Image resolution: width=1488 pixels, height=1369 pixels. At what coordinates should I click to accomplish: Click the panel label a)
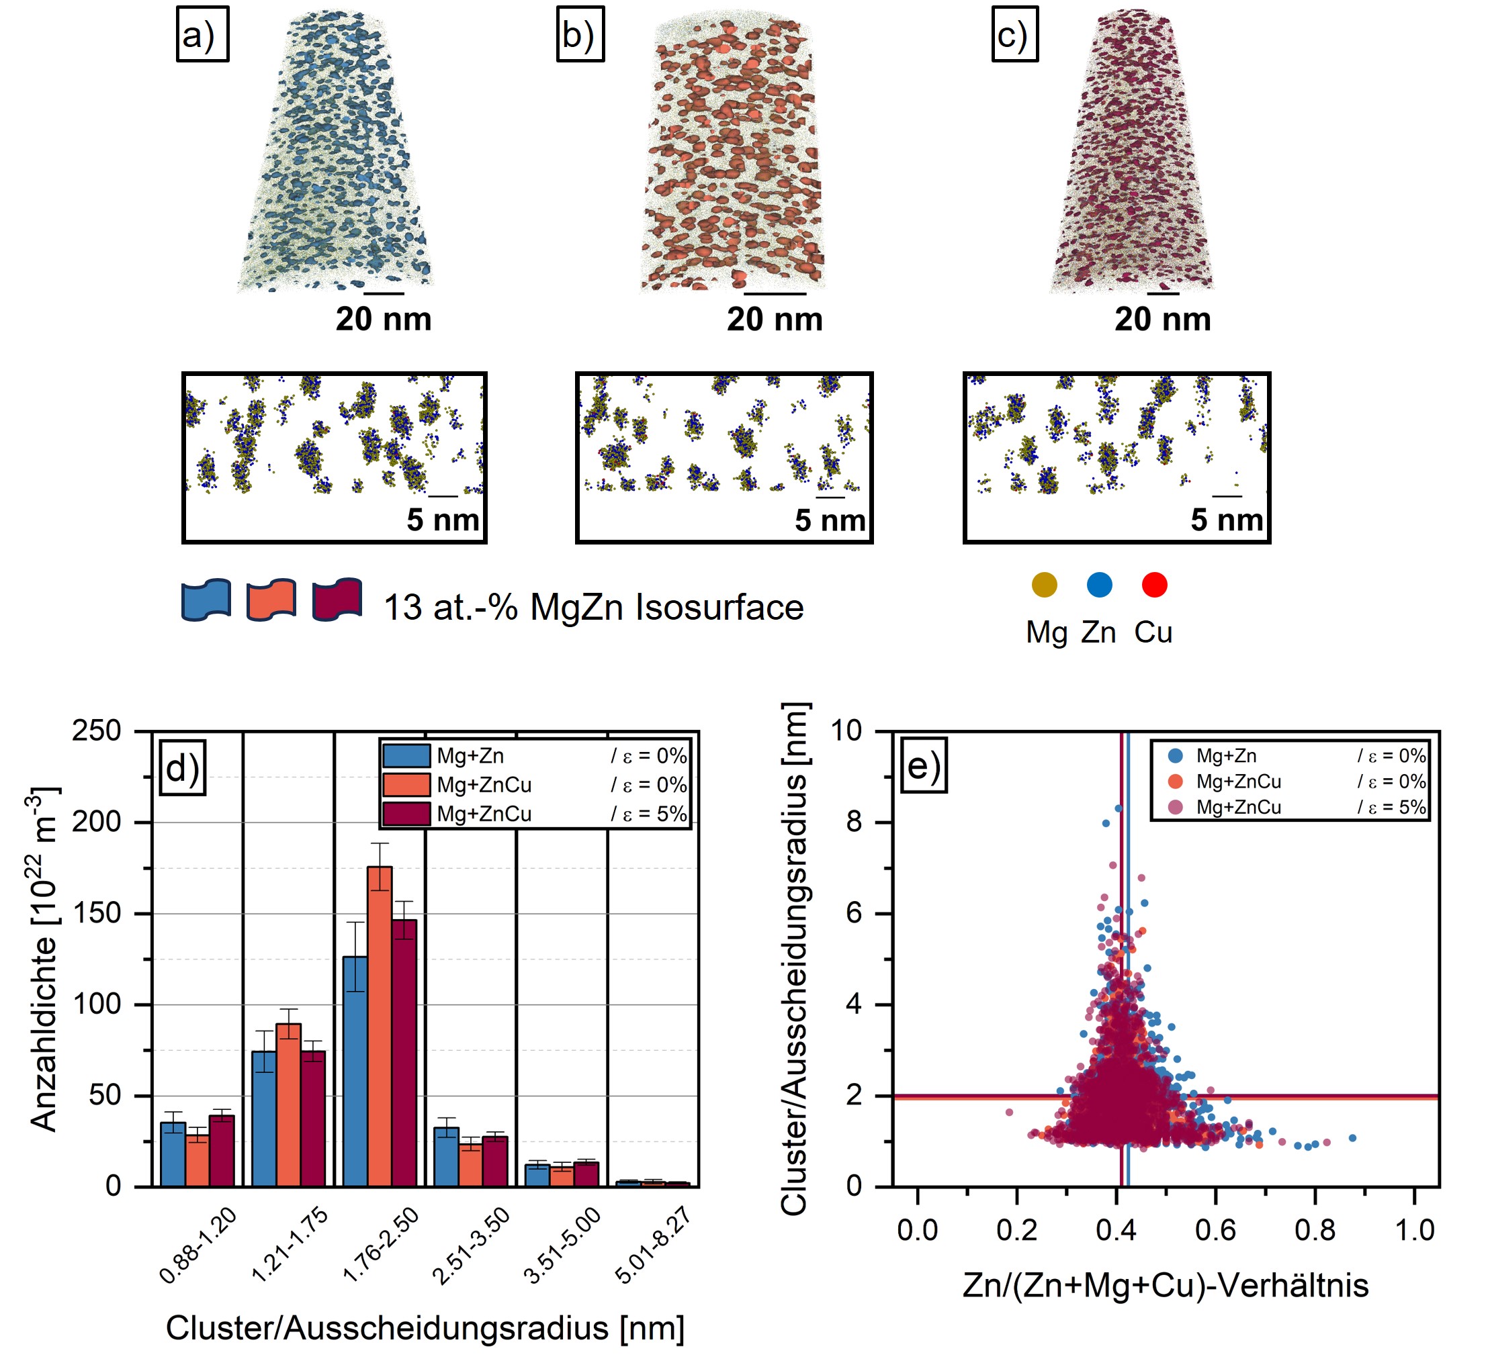[202, 35]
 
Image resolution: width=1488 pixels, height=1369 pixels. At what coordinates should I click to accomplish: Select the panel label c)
[1014, 35]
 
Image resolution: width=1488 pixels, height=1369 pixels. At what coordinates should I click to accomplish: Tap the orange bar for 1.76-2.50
[380, 1026]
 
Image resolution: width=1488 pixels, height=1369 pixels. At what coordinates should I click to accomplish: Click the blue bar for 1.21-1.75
[264, 1119]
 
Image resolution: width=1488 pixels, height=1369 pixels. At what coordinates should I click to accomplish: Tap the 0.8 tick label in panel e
[1315, 1231]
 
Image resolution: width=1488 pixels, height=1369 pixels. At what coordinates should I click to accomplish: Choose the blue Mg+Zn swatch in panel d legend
[406, 755]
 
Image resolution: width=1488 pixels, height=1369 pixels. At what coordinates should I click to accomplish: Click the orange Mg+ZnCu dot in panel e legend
[1174, 782]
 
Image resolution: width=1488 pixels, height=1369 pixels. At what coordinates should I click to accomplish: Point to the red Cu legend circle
[1154, 585]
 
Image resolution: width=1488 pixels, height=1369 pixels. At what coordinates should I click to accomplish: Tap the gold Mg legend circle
[1044, 585]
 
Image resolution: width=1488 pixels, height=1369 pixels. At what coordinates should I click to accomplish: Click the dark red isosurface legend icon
[337, 600]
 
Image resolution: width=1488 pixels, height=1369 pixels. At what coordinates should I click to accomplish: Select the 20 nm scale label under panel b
[775, 320]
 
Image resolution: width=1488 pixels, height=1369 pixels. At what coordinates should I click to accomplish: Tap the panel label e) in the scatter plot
[923, 765]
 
